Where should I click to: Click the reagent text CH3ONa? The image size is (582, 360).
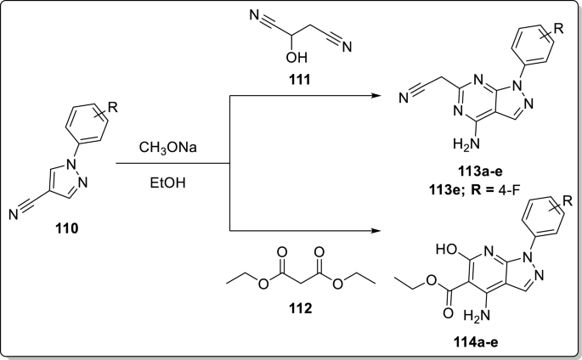170,150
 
